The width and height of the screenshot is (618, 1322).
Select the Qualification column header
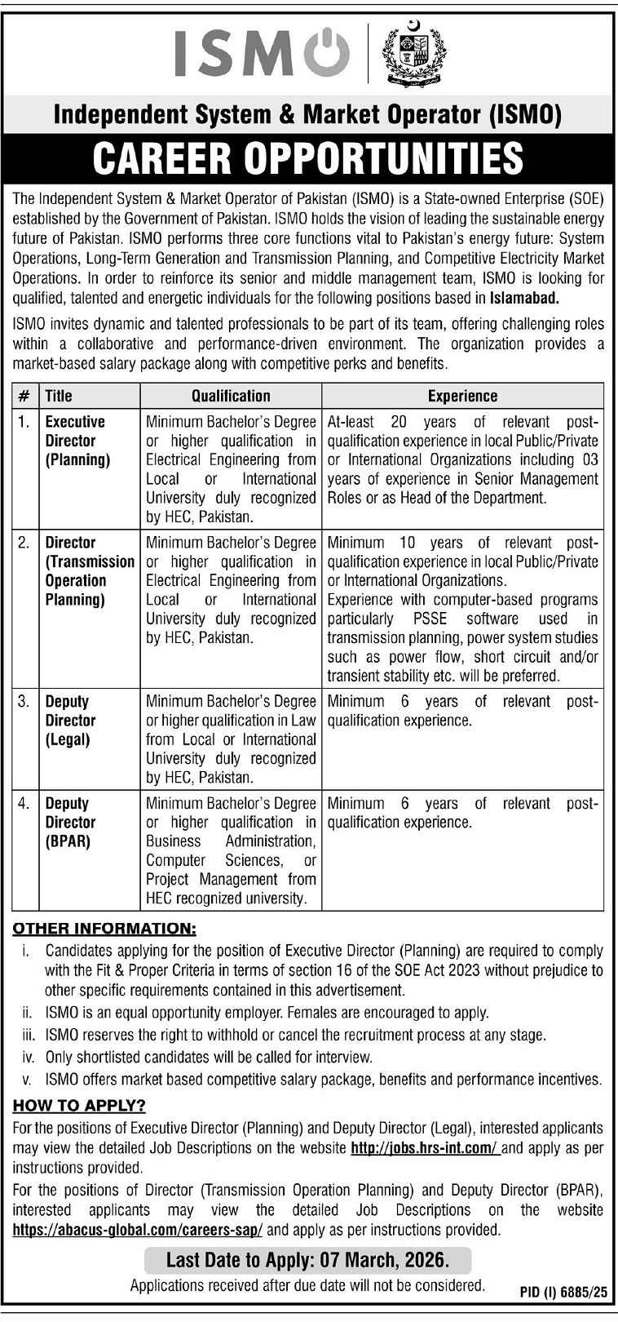[231, 396]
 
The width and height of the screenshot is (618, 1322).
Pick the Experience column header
[462, 396]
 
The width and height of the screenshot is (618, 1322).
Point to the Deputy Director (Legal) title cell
[70, 721]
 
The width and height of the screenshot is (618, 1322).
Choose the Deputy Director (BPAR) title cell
[70, 823]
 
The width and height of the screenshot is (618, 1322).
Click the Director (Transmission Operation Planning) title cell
[88, 571]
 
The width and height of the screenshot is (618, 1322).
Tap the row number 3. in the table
[24, 702]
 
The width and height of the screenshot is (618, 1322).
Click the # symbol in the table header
[24, 396]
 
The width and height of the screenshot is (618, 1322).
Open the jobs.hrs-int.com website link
[424, 1148]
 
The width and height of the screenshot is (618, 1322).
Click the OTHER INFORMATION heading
[104, 929]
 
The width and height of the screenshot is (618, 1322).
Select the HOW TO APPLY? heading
[79, 1107]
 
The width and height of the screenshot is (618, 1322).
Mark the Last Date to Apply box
[308, 1260]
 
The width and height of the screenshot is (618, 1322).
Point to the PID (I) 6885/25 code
[563, 1292]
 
